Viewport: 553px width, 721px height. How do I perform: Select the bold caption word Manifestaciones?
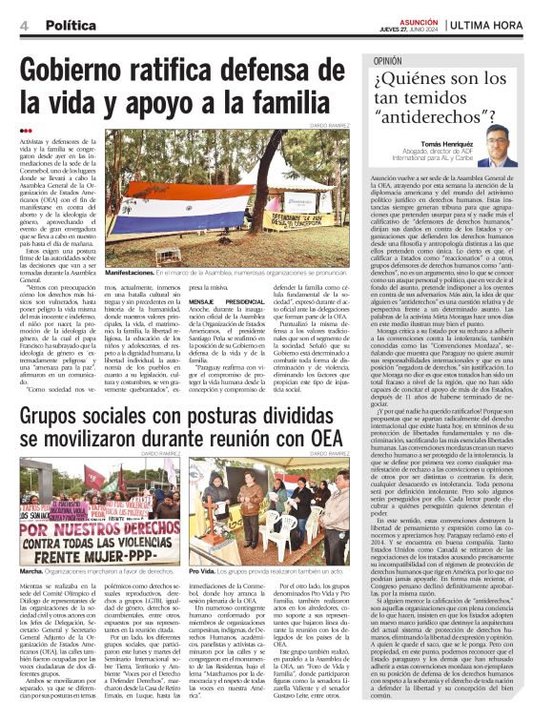(129, 272)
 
